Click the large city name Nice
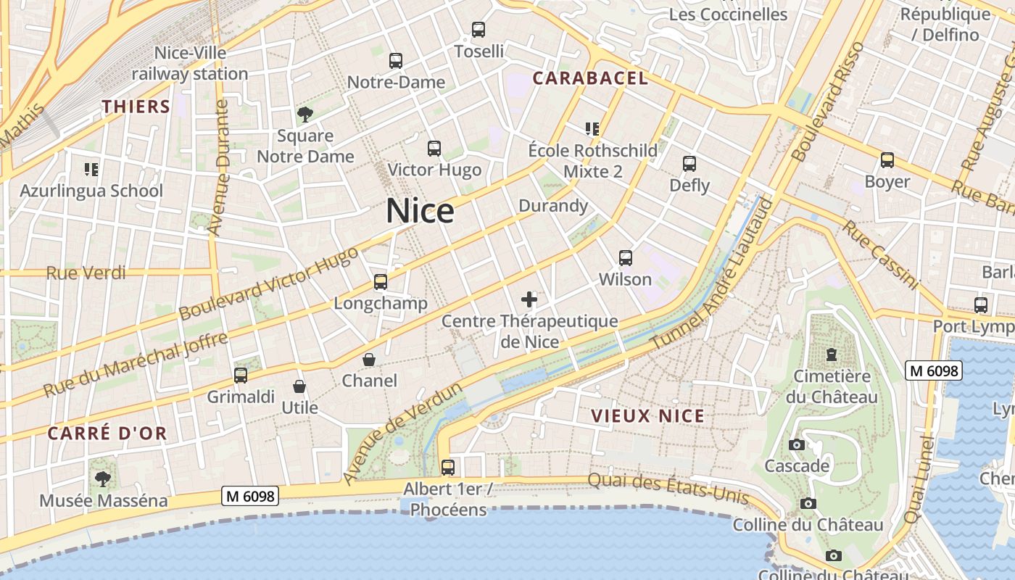pos(420,211)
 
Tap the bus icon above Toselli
pos(478,30)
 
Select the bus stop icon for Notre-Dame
pos(395,61)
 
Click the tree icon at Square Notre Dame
pos(305,114)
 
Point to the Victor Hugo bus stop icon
pos(434,149)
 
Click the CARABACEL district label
pos(590,78)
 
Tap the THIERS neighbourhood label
pos(136,107)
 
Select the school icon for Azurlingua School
pos(91,170)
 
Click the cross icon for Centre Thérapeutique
pos(529,299)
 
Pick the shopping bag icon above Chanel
pos(369,360)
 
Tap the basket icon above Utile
pos(299,387)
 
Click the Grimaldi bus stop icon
pos(241,376)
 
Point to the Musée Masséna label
pos(104,500)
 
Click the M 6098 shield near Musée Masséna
pos(250,496)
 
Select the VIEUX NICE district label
pos(647,416)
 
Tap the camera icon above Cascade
pos(797,444)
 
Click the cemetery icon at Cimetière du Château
pos(831,355)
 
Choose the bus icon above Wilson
pos(625,257)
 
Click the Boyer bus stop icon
pos(887,160)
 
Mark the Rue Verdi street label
pos(86,273)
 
